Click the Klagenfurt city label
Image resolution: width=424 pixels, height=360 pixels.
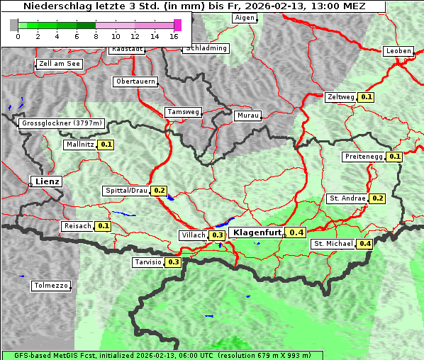pyautogui.click(x=257, y=232)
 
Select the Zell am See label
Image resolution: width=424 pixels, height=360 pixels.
pyautogui.click(x=60, y=64)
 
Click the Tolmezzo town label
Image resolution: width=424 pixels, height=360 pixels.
pyautogui.click(x=51, y=286)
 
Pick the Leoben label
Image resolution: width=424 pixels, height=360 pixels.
pyautogui.click(x=398, y=51)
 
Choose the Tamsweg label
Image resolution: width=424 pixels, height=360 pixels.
pyautogui.click(x=184, y=112)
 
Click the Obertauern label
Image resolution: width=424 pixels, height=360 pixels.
pyautogui.click(x=135, y=81)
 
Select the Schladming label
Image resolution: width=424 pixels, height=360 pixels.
pyautogui.click(x=206, y=48)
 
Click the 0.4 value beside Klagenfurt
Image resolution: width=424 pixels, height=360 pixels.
pyautogui.click(x=296, y=232)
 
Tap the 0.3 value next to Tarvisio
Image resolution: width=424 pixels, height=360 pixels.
pyautogui.click(x=173, y=262)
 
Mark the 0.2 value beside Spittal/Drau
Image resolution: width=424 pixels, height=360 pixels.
pyautogui.click(x=160, y=191)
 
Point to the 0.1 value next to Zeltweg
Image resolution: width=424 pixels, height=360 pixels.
pyautogui.click(x=367, y=96)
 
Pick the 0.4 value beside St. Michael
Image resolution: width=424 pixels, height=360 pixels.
pyautogui.click(x=365, y=244)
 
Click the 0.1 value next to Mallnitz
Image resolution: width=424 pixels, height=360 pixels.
pyautogui.click(x=106, y=145)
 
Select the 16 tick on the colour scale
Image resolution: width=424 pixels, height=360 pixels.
pyautogui.click(x=174, y=36)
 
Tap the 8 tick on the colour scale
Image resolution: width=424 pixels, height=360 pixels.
pyautogui.click(x=96, y=36)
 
